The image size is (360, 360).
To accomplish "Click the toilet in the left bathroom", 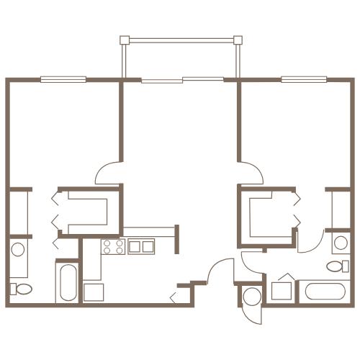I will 20,289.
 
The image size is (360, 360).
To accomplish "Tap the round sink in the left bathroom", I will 19,251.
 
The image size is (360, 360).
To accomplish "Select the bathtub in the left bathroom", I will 66,282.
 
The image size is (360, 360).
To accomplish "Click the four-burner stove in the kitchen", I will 112,247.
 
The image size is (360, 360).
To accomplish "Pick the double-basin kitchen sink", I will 140,246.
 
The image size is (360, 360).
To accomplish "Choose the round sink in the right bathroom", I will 340,243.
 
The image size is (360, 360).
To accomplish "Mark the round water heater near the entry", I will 251,296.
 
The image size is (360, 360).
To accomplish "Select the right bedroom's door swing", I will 252,171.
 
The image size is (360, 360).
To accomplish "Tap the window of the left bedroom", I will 63,79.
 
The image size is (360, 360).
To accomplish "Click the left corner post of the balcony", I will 124,39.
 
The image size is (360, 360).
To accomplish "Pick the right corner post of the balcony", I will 237,39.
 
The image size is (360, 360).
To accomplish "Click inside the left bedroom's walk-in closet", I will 86,210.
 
